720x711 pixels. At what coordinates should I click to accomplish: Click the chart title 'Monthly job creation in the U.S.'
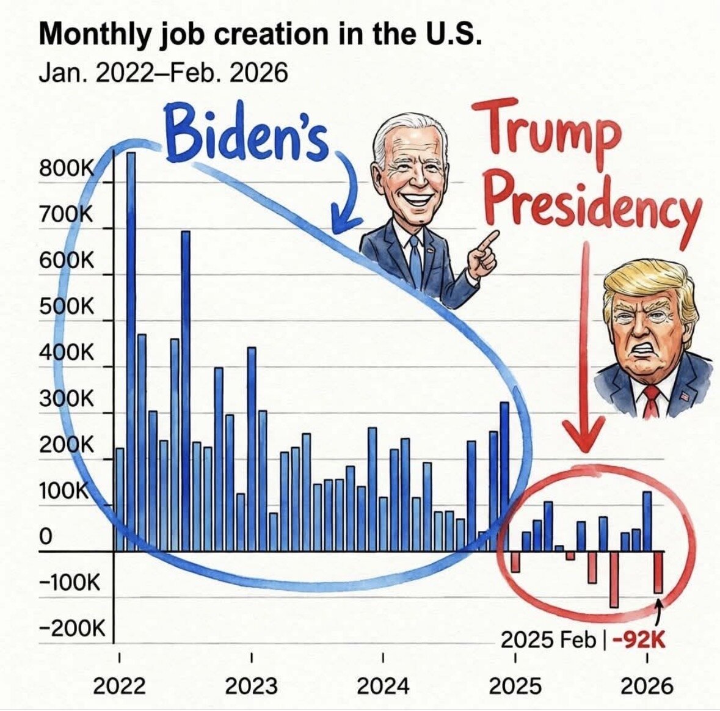pyautogui.click(x=260, y=35)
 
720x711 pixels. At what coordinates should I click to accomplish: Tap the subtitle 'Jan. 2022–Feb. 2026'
pyautogui.click(x=162, y=73)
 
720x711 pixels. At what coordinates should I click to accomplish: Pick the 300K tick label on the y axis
pyautogui.click(x=66, y=399)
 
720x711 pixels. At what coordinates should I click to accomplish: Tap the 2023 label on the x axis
pyautogui.click(x=251, y=686)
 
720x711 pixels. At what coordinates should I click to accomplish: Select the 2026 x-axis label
pyautogui.click(x=647, y=686)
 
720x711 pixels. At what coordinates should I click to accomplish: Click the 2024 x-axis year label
pyautogui.click(x=383, y=686)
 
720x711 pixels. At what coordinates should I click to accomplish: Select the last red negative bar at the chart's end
pyautogui.click(x=658, y=572)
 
